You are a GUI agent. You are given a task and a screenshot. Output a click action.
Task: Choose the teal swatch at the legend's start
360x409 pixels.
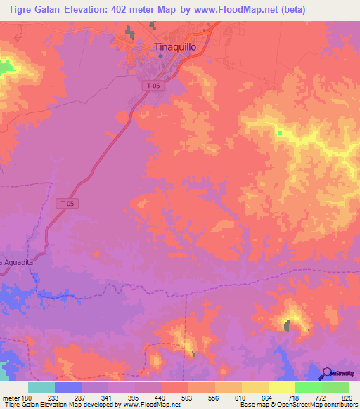pos(41,387)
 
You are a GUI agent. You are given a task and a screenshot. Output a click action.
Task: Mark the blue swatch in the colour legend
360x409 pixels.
pos(68,387)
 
